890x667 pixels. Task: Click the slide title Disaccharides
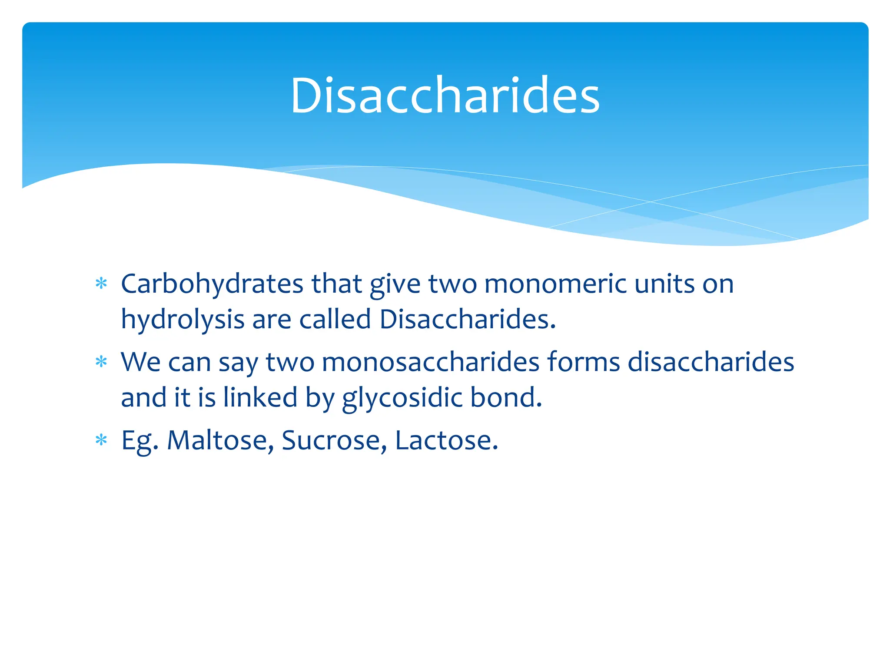(x=445, y=96)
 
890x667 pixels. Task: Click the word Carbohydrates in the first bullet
(x=212, y=284)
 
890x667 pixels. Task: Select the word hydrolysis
(x=183, y=320)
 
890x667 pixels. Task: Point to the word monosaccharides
(x=430, y=362)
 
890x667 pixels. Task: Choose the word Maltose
(x=220, y=440)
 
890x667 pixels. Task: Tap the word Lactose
(x=446, y=440)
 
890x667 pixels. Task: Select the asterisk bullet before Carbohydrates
(x=101, y=284)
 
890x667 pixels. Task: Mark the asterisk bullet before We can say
(x=101, y=362)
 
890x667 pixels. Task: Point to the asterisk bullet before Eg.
(x=101, y=440)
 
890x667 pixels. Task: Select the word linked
(x=260, y=397)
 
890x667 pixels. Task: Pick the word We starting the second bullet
(x=141, y=362)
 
